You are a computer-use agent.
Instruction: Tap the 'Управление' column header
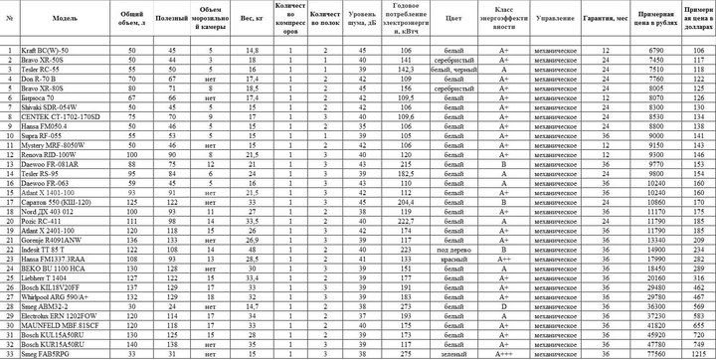[x=554, y=19]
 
